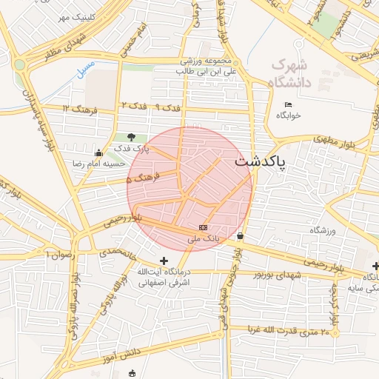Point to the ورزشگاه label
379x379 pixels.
323,231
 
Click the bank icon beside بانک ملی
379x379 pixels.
204,227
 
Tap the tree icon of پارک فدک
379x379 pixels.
132,137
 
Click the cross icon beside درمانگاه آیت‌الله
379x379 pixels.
164,261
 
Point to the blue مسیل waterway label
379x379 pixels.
86,69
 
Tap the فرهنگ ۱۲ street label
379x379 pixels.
76,109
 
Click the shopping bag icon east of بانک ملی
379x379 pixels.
241,236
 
